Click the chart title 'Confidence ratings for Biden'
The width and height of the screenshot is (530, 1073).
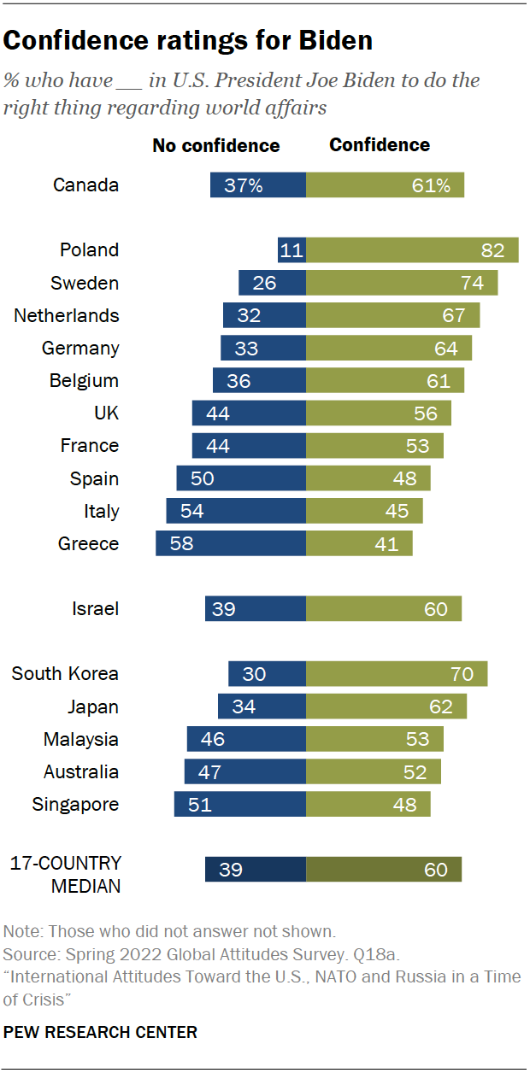189,41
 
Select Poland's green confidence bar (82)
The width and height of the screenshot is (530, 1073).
412,249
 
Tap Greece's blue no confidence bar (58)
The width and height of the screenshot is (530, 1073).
230,543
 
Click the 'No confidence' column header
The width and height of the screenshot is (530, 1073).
215,145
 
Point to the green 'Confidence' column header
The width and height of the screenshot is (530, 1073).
380,145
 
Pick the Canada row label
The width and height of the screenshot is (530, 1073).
85,185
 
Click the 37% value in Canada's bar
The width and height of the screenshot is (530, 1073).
244,185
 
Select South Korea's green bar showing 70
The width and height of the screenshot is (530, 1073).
397,673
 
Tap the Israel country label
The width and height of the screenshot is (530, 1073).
95,608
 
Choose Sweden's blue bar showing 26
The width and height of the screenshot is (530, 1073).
272,283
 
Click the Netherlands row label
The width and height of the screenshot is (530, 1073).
66,315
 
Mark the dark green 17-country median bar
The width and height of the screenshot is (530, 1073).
384,869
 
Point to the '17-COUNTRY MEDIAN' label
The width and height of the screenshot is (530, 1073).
66,874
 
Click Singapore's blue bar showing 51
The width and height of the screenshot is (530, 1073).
239,804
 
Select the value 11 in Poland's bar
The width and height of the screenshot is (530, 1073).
291,250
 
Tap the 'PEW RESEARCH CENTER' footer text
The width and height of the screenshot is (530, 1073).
101,1032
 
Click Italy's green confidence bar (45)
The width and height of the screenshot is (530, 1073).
364,511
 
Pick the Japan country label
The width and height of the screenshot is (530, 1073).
93,707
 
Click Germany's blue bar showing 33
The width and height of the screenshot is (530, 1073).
262,348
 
